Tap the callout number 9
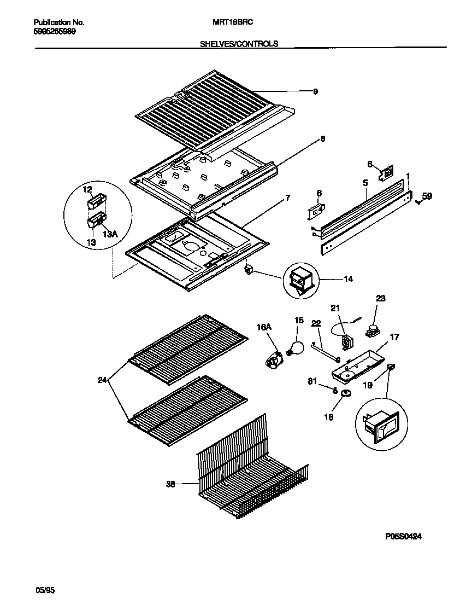pos(315,92)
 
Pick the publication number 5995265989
pos(55,31)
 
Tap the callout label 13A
pos(110,234)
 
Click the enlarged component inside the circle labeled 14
pos(302,280)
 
